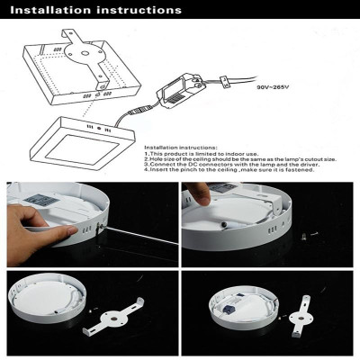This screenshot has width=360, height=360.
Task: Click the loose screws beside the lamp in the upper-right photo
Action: tap(310, 238)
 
